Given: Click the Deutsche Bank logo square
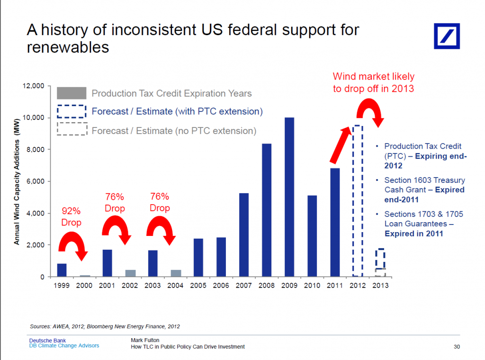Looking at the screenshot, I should pos(447,36).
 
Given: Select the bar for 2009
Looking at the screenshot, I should pos(289,197).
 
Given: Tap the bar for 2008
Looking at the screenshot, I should pos(267,210).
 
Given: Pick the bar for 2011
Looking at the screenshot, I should pos(335,222).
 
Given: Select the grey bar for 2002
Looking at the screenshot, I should pos(130,273).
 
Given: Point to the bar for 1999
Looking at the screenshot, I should pos(62,270).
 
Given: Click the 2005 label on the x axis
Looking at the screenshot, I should pos(198,285).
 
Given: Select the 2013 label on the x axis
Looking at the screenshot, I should pos(380,285).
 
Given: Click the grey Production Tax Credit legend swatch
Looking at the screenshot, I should pos(72,93).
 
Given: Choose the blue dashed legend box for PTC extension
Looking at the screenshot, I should pos(72,112).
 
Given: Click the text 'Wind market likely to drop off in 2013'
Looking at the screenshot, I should pos(373,82).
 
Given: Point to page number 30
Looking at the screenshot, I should pos(457,347).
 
